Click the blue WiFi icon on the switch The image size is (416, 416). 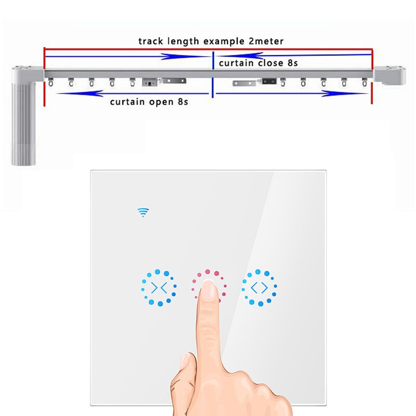tap(143, 212)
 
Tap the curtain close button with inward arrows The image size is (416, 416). tap(158, 287)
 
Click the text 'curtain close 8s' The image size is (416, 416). tap(258, 63)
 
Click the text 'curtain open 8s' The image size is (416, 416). tap(149, 102)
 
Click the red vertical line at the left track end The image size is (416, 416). tap(45, 75)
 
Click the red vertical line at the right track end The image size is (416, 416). tap(372, 75)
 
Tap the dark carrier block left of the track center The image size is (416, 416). tap(151, 82)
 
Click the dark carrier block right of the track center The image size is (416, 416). tap(269, 82)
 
